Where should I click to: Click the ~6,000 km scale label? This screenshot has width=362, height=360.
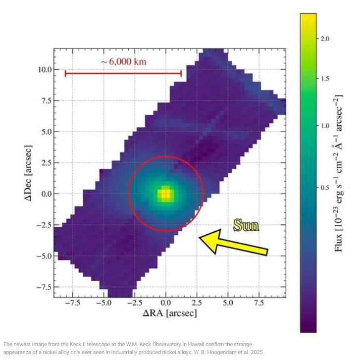click(x=124, y=62)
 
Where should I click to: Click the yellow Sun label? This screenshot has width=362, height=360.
click(x=246, y=226)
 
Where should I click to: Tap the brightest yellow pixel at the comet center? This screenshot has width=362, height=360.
click(x=166, y=193)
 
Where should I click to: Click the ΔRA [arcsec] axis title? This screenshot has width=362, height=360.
click(x=170, y=313)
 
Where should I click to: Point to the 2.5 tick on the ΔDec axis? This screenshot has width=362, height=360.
click(x=45, y=163)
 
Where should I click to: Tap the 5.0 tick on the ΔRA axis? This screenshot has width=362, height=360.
click(x=228, y=302)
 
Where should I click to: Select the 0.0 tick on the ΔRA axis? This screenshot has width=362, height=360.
click(x=166, y=302)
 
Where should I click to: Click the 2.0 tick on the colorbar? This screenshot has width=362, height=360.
click(x=325, y=39)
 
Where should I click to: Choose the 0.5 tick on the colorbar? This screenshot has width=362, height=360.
click(x=325, y=188)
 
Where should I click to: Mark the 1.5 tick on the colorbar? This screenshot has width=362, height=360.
click(x=325, y=79)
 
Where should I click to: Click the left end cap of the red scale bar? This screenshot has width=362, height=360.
click(x=65, y=73)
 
